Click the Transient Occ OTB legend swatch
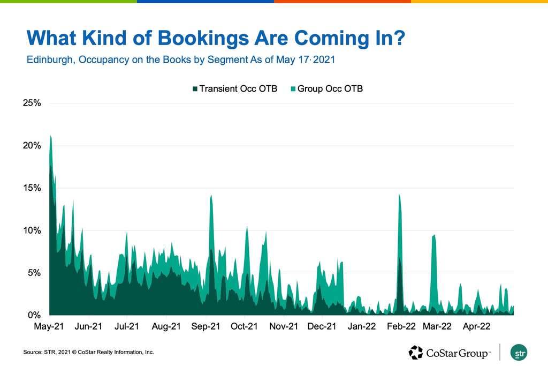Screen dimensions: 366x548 click(195, 89)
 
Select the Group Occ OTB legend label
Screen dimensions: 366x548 click(330, 89)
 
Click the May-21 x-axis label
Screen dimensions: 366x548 click(49, 326)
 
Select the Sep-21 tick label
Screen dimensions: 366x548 click(206, 326)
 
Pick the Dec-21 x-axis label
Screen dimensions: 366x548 click(323, 326)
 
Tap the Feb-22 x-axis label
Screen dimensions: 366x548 click(401, 326)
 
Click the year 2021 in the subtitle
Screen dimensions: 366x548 click(324, 60)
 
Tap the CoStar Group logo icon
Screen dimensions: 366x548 click(416, 353)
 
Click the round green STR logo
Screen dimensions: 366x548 click(519, 353)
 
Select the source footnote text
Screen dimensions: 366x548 click(88, 352)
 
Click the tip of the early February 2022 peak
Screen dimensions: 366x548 click(399, 195)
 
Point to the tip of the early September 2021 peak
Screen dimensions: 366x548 click(211, 195)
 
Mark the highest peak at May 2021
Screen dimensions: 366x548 click(50, 136)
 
